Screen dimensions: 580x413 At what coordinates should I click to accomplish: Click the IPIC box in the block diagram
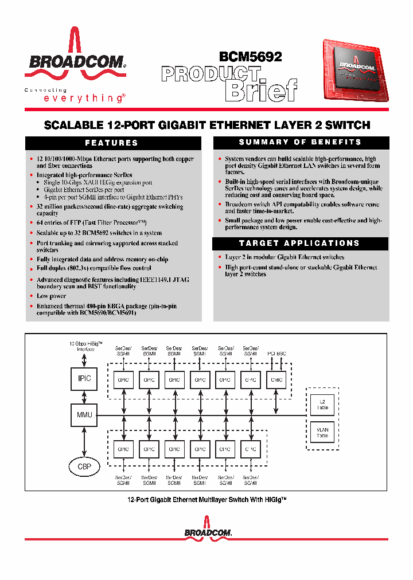click(84, 378)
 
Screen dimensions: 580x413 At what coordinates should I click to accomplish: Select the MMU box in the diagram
click(84, 414)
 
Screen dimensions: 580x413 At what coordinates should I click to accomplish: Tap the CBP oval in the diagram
click(84, 466)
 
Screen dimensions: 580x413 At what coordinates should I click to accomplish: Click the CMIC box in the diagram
click(276, 380)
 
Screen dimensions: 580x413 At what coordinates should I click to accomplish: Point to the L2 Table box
click(322, 404)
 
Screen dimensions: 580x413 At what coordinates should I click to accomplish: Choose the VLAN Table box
click(322, 433)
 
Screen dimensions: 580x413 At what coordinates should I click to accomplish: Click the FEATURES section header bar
click(112, 143)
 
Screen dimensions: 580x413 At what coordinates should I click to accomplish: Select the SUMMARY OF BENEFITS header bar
click(300, 142)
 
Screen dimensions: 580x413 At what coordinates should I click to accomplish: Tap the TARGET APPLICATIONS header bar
click(300, 243)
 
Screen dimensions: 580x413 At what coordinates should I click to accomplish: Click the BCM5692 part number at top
click(251, 57)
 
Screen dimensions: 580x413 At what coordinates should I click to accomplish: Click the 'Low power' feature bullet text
click(52, 296)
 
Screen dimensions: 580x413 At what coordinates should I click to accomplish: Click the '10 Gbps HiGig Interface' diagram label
click(85, 346)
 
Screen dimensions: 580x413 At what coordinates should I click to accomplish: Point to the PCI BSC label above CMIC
click(276, 354)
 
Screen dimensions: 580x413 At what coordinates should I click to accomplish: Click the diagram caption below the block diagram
click(206, 500)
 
